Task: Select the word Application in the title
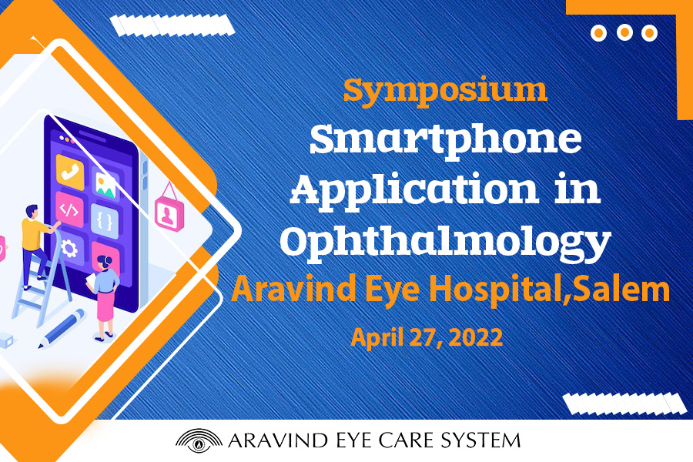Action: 414,190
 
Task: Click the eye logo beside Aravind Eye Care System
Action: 199,440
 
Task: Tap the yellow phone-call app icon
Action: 70,172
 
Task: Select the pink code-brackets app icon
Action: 69,210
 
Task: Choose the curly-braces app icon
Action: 105,221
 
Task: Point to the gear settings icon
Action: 69,249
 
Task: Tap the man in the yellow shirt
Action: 36,248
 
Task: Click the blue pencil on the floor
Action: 62,328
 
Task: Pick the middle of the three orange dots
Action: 624,32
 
